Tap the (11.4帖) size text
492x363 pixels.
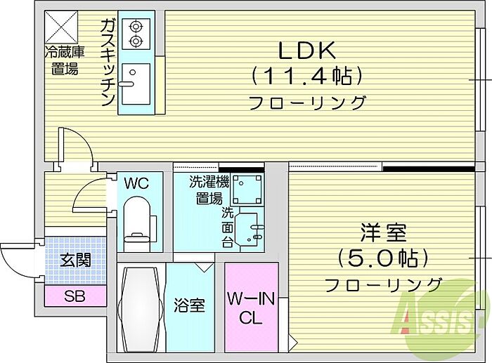[x=307, y=75]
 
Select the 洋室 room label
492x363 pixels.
[x=383, y=232]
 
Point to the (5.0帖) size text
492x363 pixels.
[x=383, y=258]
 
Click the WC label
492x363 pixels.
[x=136, y=184]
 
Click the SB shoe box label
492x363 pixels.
[x=75, y=296]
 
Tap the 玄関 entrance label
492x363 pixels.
[x=75, y=260]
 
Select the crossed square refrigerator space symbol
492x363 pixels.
[x=63, y=27]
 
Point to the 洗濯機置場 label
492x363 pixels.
[x=209, y=190]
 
